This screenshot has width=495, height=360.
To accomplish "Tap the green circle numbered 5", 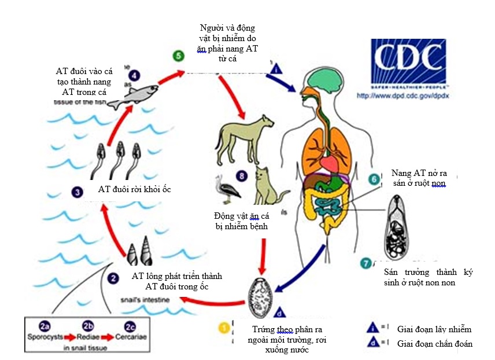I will coord(179,56).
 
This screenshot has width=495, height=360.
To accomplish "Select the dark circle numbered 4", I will coord(134,75).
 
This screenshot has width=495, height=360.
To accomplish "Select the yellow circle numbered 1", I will coord(223,327).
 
